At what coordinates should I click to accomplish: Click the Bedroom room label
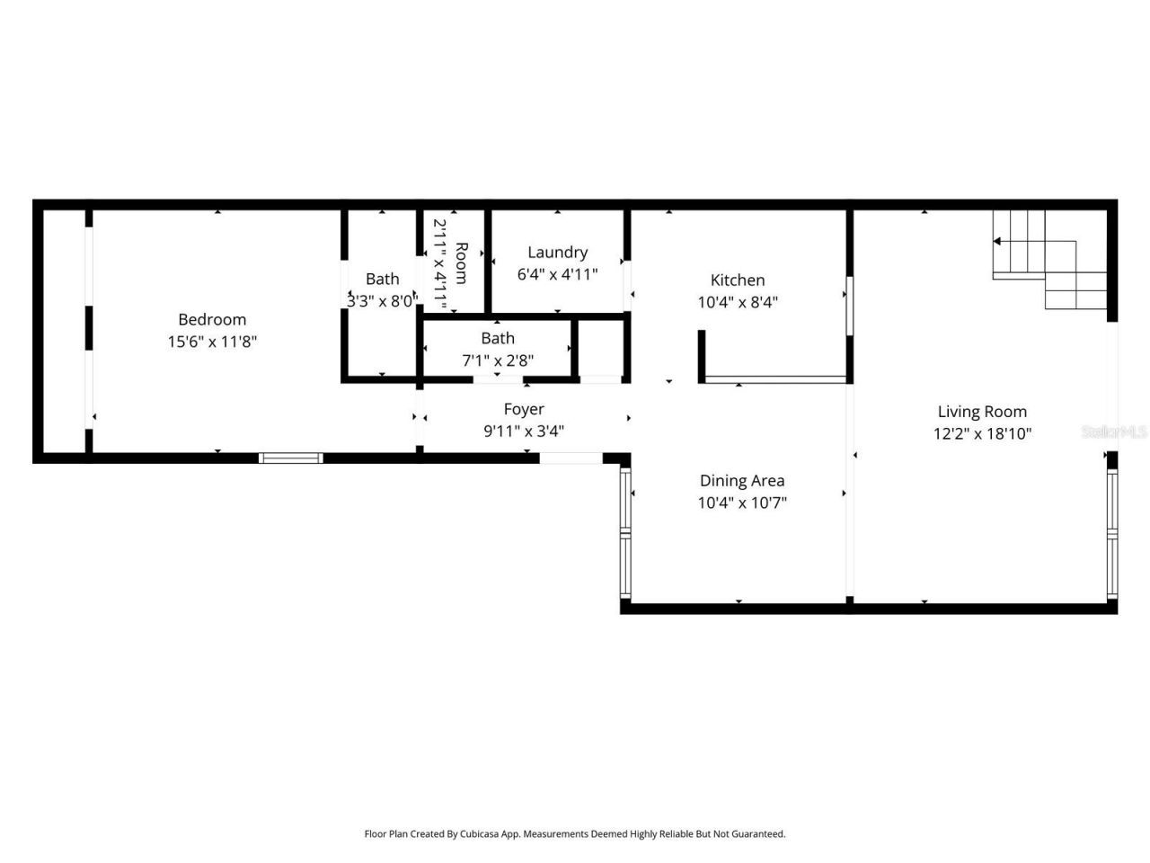(212, 319)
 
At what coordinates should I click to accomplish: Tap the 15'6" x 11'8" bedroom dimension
(212, 342)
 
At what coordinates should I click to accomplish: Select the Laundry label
(557, 253)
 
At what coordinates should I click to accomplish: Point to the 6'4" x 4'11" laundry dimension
(557, 274)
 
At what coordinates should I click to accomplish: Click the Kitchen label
(738, 280)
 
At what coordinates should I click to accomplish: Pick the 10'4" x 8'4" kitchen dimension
(738, 302)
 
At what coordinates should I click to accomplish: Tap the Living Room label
(982, 412)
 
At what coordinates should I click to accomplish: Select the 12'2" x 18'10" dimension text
(982, 433)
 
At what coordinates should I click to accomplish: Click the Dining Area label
(742, 481)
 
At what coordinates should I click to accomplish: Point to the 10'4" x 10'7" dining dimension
(742, 503)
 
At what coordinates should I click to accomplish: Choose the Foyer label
(524, 409)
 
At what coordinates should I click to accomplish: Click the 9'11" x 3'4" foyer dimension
(524, 431)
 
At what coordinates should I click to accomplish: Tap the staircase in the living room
(1049, 261)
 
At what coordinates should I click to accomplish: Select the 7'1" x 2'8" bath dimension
(498, 360)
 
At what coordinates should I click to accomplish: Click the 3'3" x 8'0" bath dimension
(382, 301)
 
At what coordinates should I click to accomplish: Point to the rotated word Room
(461, 262)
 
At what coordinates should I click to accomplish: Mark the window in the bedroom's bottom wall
(290, 458)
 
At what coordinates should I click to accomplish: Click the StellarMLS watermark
(1114, 432)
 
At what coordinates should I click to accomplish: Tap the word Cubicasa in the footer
(480, 834)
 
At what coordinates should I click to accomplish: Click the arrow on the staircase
(998, 241)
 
